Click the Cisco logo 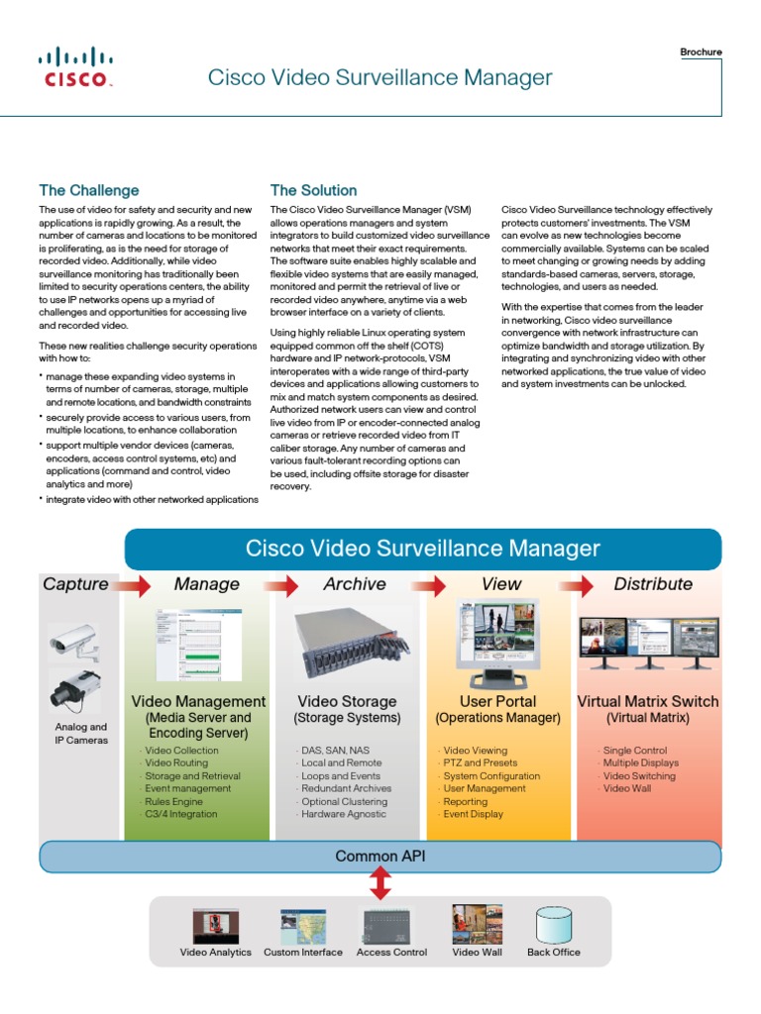pos(75,67)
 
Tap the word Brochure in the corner pos(701,52)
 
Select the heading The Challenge pos(88,190)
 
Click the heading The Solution pos(313,190)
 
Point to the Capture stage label pos(75,584)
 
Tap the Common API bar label pos(380,857)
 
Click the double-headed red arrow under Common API pos(380,883)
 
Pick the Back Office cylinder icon pos(553,924)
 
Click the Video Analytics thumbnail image pos(215,924)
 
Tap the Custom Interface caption pos(302,953)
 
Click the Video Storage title pos(347,701)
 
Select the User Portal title pos(497,701)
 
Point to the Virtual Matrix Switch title pos(648,701)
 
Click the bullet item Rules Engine pos(174,801)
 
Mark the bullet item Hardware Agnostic pos(344,814)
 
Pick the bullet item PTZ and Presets pos(480,763)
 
